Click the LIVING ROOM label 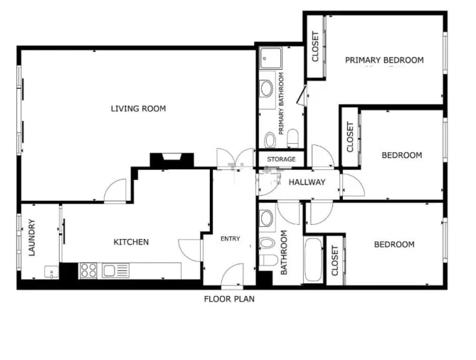click(x=138, y=109)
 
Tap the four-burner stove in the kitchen click(x=89, y=270)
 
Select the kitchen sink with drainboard click(x=114, y=270)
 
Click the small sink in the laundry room click(x=51, y=271)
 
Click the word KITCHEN click(x=132, y=242)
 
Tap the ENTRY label click(x=231, y=238)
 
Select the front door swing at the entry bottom click(x=233, y=273)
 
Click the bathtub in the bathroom click(x=313, y=260)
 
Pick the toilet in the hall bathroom click(x=267, y=260)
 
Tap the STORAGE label click(x=281, y=159)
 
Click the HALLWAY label click(x=307, y=182)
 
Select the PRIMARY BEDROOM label click(x=384, y=60)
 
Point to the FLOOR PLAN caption click(x=229, y=299)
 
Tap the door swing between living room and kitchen click(x=115, y=191)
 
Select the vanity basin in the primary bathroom click(x=267, y=88)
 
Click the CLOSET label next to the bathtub click(x=334, y=261)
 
